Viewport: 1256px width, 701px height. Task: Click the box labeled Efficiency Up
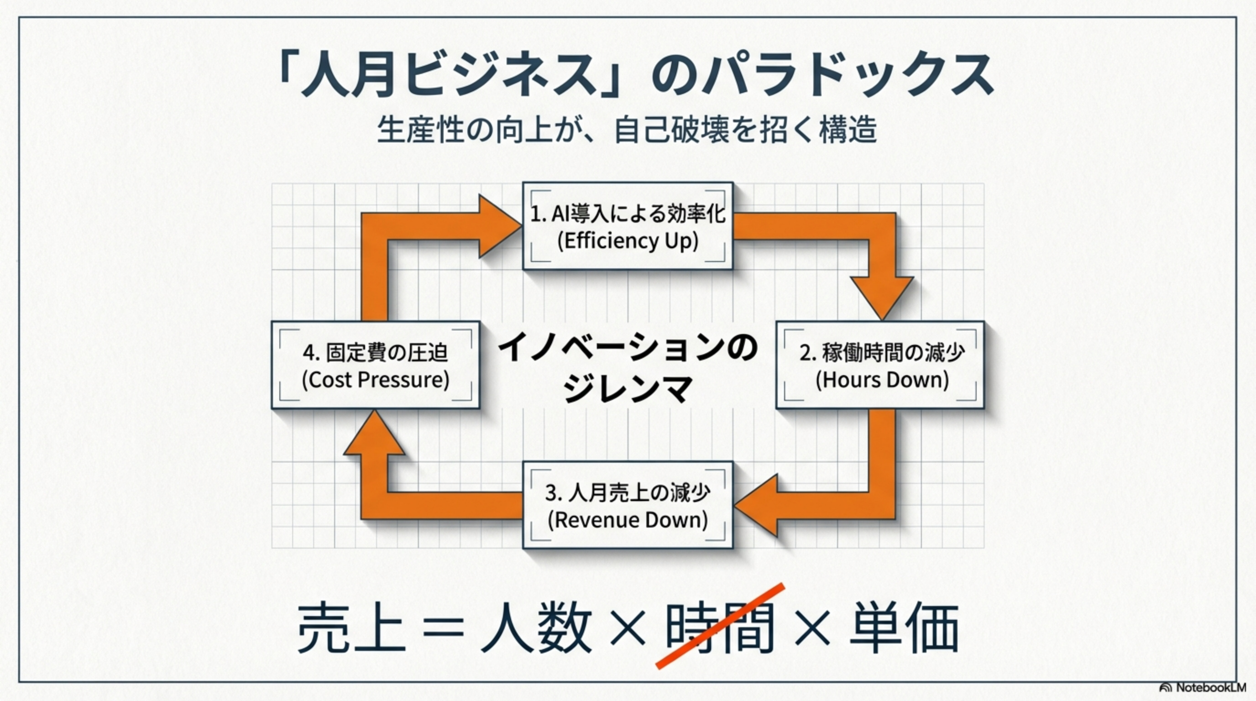(628, 226)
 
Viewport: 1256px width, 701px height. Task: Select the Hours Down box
(880, 365)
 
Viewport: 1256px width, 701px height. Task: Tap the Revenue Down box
(628, 505)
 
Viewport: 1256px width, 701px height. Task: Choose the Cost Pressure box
(376, 365)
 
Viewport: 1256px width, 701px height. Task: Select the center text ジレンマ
(628, 388)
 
